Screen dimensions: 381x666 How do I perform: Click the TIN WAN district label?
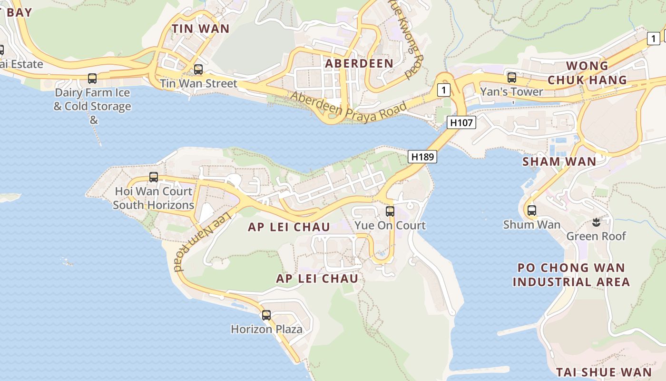coord(200,29)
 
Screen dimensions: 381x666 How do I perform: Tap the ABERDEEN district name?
coord(359,63)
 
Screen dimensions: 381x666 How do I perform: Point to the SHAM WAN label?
coord(559,161)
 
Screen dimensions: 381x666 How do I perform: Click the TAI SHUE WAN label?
coord(604,372)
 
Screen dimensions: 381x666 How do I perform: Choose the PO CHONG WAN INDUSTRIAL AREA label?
coord(571,275)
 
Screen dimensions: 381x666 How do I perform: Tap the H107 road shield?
coord(461,122)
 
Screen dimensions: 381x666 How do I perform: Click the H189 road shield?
coord(422,156)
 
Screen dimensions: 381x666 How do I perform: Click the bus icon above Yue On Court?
coord(390,211)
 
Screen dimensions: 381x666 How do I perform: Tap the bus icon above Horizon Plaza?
coord(266,315)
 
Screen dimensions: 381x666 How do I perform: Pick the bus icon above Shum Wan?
coord(531,210)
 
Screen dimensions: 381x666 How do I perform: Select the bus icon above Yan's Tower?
coord(512,77)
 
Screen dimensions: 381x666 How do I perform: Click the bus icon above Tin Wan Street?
coord(198,70)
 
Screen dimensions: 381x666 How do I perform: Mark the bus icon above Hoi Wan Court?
coord(154,177)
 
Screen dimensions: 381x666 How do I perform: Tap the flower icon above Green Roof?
coord(596,221)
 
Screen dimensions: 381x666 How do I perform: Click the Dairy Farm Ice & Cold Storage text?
coord(92,99)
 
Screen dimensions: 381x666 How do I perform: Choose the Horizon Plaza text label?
coord(266,329)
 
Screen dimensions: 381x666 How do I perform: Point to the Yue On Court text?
coord(390,225)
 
